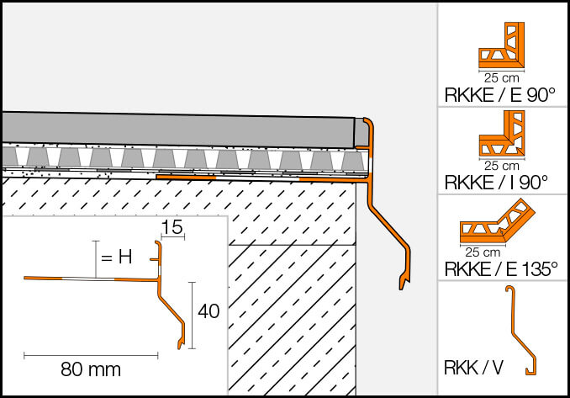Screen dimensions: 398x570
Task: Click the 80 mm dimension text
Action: pyautogui.click(x=91, y=369)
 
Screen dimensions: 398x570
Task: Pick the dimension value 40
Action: pyautogui.click(x=208, y=311)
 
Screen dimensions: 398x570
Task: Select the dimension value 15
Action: pyautogui.click(x=172, y=227)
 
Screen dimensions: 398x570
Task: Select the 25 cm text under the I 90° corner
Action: pyautogui.click(x=501, y=165)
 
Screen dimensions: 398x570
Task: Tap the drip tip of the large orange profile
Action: pyautogui.click(x=402, y=283)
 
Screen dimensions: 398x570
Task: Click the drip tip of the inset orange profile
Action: pyautogui.click(x=180, y=344)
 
